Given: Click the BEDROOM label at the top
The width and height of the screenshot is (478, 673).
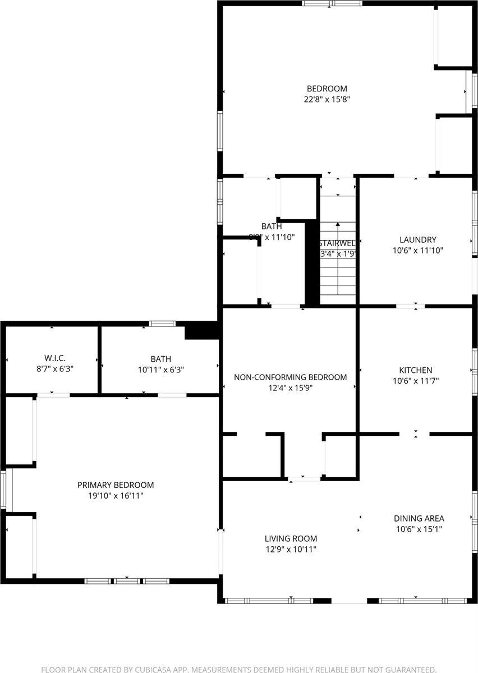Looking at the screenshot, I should tap(327, 89).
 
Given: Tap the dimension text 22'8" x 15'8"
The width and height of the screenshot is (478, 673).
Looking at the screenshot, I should tap(327, 99).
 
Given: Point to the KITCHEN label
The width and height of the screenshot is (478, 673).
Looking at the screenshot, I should tap(415, 370).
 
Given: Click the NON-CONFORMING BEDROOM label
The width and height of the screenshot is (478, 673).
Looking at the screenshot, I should tap(290, 377).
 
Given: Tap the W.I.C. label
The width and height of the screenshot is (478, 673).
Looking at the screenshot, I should tap(55, 358).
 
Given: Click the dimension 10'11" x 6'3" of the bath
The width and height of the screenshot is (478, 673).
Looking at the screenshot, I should tap(160, 370).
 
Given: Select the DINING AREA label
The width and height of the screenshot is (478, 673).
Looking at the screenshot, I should tap(419, 518).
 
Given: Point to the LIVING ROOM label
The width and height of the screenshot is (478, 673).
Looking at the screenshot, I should tap(291, 539).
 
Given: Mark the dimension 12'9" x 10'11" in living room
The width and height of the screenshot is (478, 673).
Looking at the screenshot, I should tap(291, 550).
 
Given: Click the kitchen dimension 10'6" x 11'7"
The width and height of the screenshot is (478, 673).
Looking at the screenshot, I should tap(415, 381).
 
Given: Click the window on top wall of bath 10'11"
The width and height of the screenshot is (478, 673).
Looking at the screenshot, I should tap(162, 323).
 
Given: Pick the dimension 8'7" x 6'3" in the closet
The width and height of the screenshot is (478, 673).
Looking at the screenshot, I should tap(55, 370).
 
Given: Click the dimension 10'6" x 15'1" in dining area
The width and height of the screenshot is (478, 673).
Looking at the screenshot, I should tap(419, 529).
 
